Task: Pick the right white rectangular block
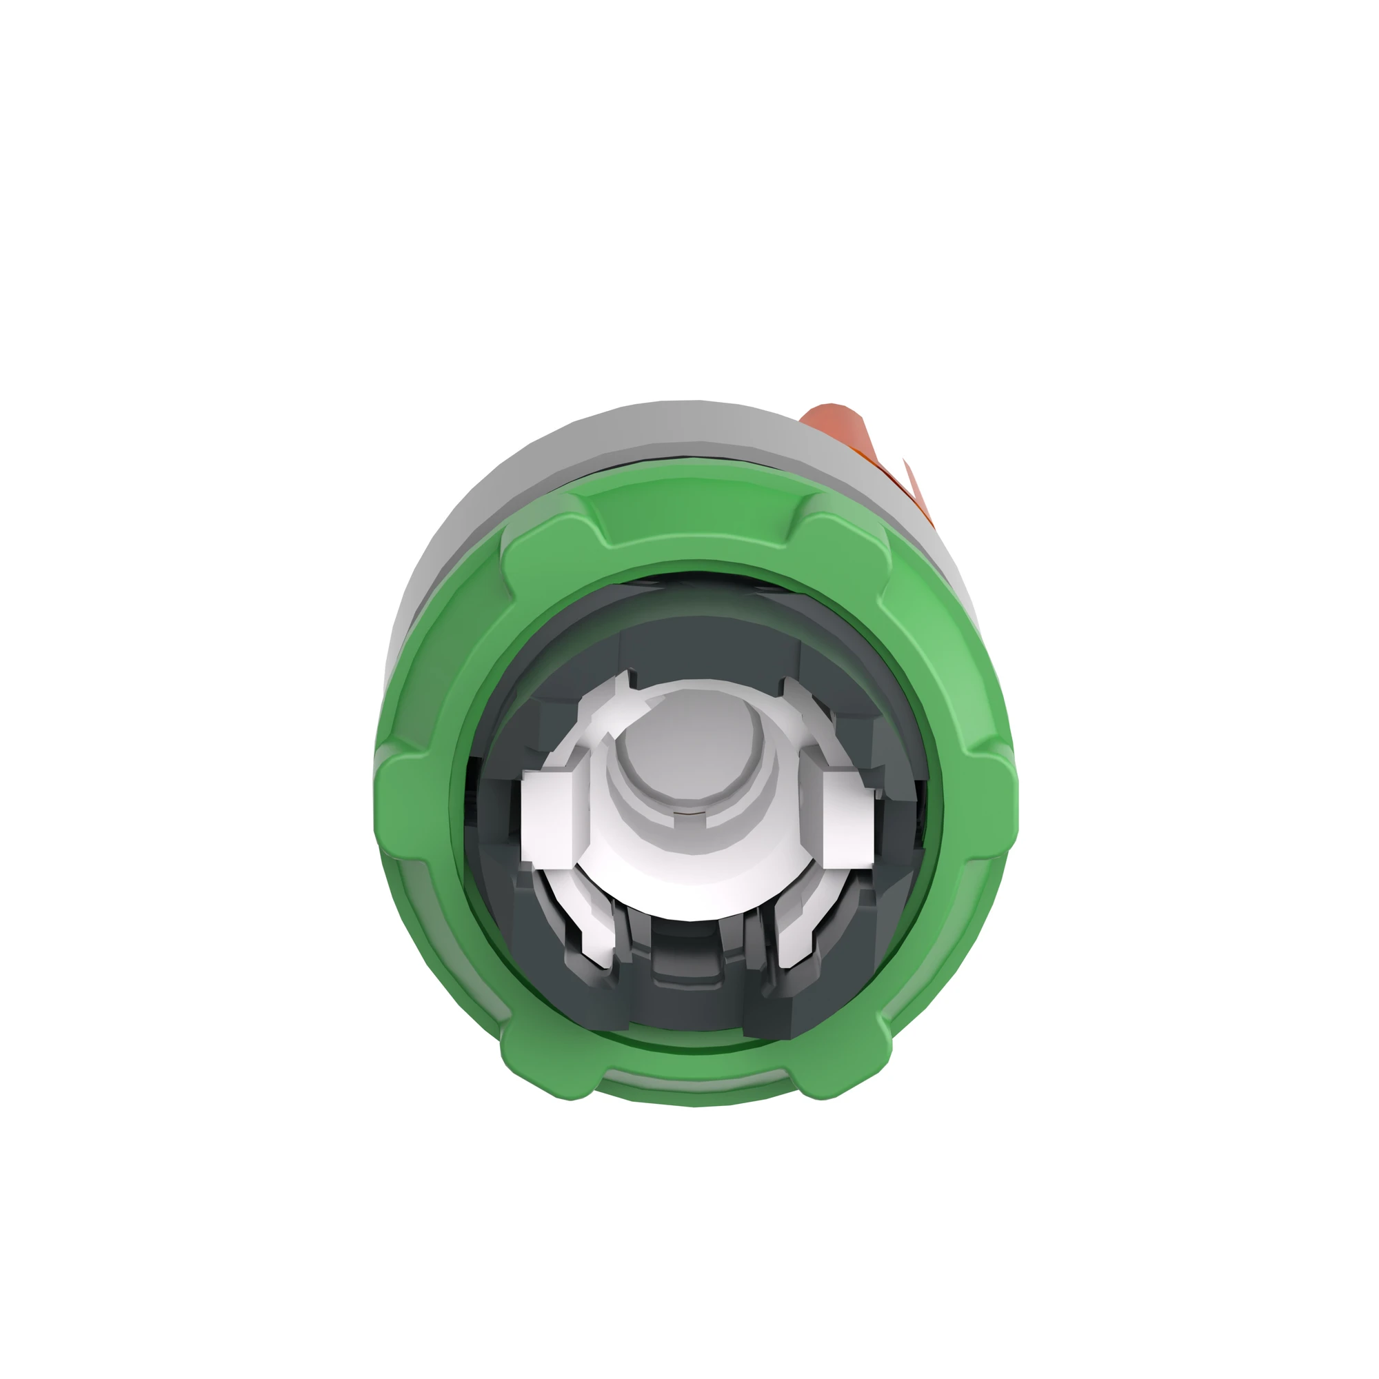(x=847, y=818)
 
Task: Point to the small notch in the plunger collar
(x=689, y=814)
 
